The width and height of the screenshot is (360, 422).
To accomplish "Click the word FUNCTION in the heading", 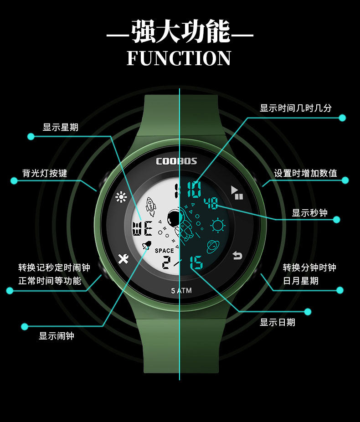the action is click(x=179, y=59).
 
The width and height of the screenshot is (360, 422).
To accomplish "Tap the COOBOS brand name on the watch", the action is click(x=176, y=161).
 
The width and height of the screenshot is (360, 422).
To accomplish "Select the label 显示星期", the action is click(x=61, y=128).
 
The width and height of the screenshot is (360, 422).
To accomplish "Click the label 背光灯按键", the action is click(x=45, y=174).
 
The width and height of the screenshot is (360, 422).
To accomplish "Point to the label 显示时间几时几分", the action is click(x=296, y=108).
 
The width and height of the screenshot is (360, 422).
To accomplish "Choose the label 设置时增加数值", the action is click(x=305, y=174).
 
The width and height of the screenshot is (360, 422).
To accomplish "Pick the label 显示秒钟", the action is click(x=309, y=213).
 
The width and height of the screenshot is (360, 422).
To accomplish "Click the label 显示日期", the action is click(x=278, y=323).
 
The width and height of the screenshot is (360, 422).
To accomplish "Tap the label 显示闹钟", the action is click(x=57, y=336).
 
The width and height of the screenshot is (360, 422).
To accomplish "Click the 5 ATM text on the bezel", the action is click(x=181, y=291).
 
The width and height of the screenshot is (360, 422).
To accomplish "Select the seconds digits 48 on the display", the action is click(x=211, y=203).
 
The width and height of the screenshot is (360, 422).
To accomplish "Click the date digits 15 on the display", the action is click(x=196, y=263).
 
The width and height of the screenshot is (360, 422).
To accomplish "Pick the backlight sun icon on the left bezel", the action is click(x=121, y=197).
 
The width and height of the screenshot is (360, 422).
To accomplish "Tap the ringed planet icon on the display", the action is click(x=212, y=247).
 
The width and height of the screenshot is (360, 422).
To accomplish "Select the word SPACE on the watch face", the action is click(x=164, y=251).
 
